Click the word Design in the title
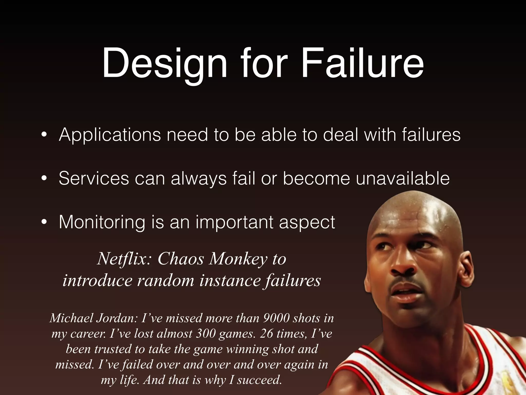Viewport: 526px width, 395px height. [165, 64]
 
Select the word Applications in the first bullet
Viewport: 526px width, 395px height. [110, 135]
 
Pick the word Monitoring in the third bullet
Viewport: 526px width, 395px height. [102, 222]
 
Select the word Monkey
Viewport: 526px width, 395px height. [238, 259]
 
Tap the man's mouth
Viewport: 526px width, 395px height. [406, 296]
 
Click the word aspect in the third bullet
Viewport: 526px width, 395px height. [307, 222]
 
